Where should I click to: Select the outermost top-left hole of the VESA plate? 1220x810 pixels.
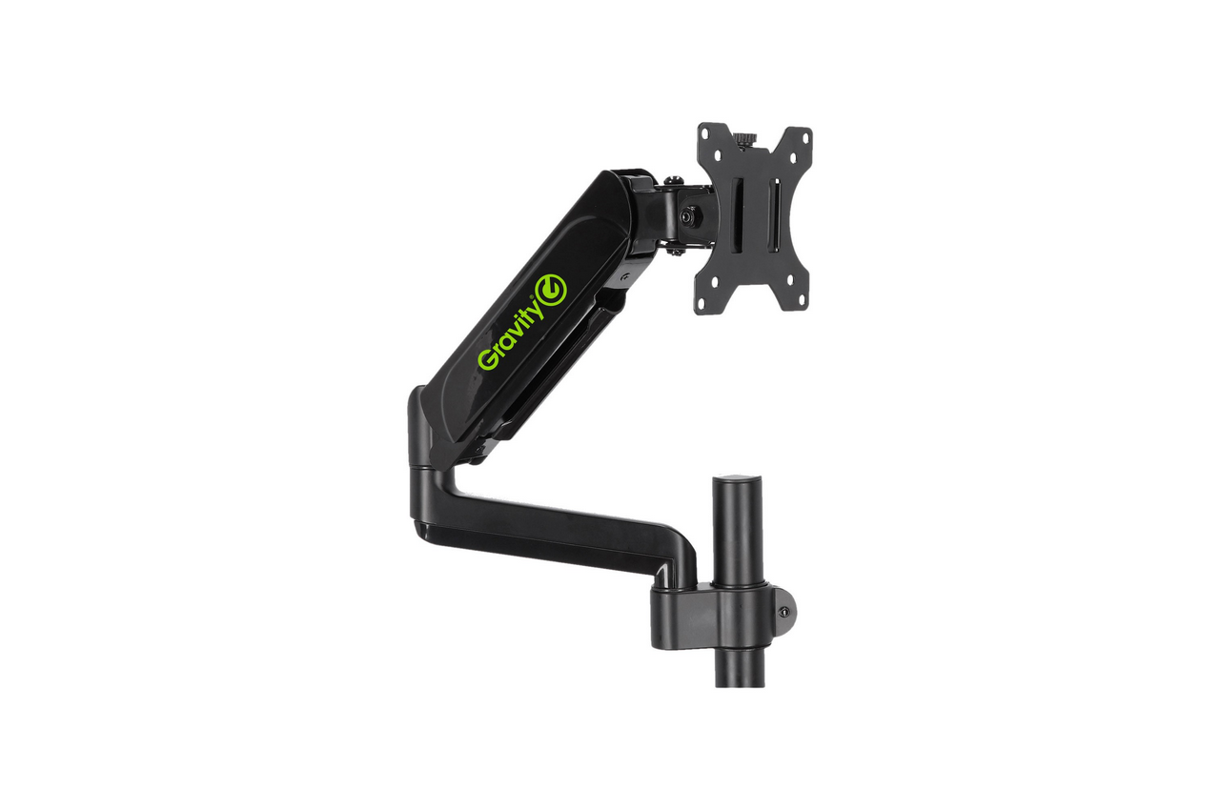point(707,132)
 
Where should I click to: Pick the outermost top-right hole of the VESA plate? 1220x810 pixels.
point(804,138)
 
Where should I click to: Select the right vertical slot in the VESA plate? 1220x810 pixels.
point(775,213)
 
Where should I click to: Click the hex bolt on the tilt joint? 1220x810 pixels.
point(688,215)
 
